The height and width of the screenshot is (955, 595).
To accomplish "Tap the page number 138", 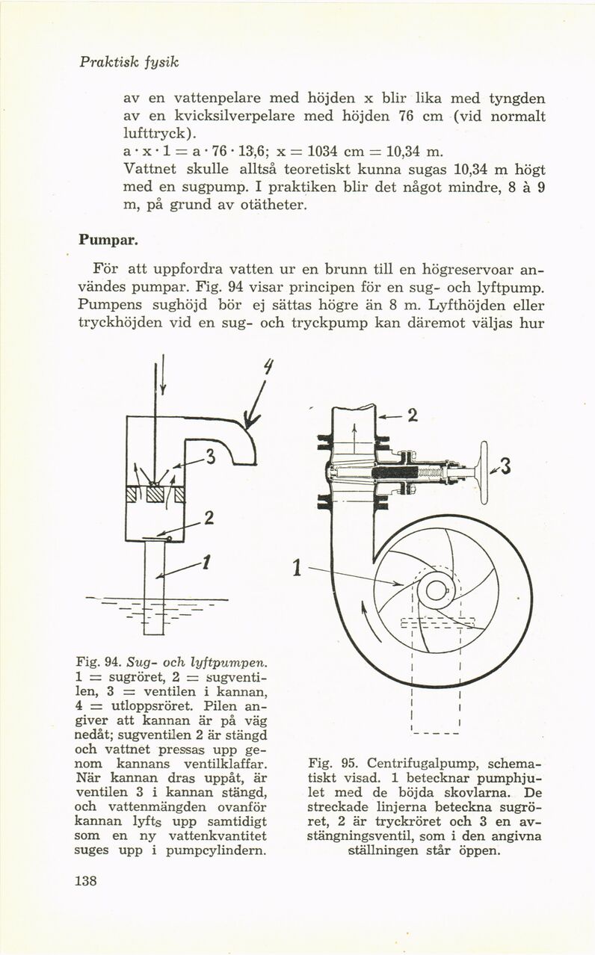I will (88, 880).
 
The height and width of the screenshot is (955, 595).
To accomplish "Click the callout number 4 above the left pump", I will (268, 368).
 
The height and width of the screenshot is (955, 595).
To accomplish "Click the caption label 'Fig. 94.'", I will (94, 661).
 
